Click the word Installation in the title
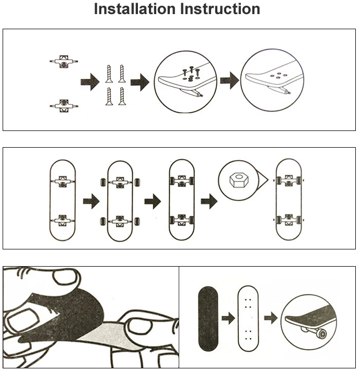[x=133, y=9]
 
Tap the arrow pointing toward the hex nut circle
[x=209, y=200]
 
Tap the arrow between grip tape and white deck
[x=227, y=318]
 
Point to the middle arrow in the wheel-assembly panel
[x=152, y=201]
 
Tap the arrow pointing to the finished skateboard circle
[x=270, y=318]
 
